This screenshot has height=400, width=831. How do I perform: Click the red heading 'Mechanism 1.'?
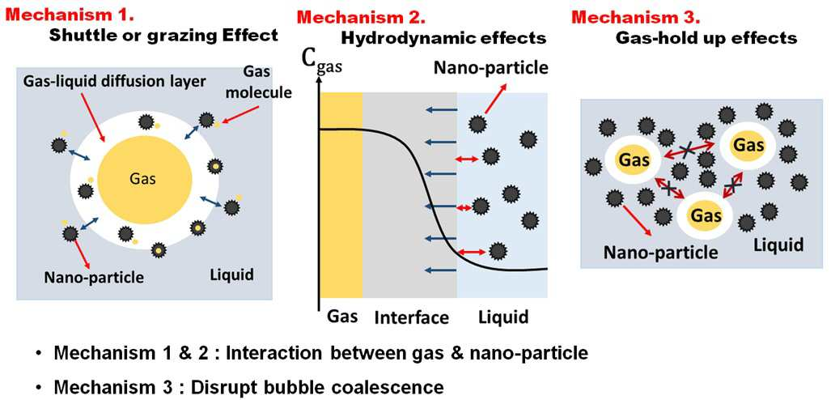click(68, 15)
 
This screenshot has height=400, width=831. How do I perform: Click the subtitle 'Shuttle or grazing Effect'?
click(163, 36)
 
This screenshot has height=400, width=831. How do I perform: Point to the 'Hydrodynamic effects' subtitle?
click(443, 38)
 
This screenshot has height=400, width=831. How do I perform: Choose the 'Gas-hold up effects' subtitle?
click(706, 38)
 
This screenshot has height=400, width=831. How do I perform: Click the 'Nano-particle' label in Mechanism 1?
click(95, 276)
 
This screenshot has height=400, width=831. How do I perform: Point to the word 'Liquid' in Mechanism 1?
click(231, 274)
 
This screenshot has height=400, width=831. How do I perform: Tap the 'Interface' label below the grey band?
click(411, 317)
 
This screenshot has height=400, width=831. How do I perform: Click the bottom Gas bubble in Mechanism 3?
click(706, 215)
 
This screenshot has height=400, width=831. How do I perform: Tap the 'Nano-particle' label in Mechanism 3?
click(661, 252)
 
